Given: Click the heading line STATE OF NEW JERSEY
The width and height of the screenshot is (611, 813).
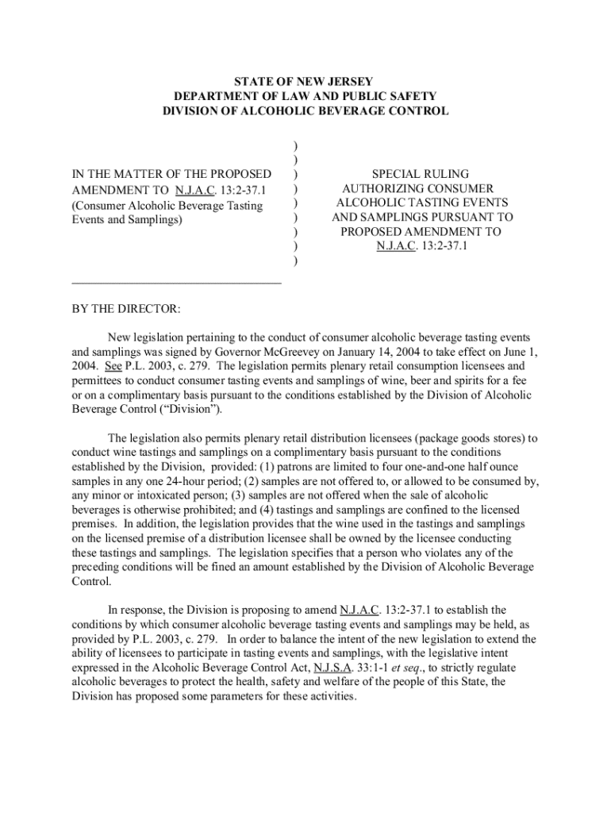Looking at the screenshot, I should coord(305,83).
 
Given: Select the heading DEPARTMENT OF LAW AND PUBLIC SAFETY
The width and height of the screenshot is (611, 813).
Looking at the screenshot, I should coord(305,97).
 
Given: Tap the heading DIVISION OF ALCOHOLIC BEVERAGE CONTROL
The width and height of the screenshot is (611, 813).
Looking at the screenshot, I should coord(305,111).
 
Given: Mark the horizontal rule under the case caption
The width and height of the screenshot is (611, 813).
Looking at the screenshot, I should coord(176,282).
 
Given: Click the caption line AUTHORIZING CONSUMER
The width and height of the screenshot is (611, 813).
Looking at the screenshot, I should coord(418,188).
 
